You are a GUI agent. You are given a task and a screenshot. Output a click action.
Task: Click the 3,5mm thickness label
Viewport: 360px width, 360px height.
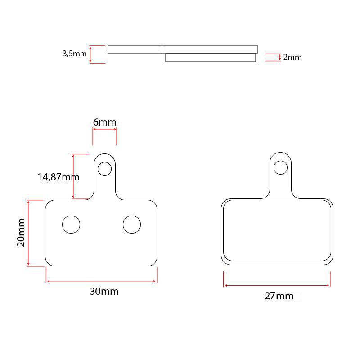(74, 54)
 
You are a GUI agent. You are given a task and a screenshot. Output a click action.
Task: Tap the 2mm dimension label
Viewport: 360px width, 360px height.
(292, 58)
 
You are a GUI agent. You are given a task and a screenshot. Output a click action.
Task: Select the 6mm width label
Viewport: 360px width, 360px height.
(104, 122)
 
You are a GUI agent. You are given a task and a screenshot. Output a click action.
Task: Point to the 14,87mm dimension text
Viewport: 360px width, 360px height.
(58, 177)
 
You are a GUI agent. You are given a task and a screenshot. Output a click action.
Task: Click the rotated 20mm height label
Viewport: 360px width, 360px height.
(21, 233)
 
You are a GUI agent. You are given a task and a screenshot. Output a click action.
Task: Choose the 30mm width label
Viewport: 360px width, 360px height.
(104, 292)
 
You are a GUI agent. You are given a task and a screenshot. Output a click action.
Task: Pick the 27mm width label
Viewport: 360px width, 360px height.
(279, 296)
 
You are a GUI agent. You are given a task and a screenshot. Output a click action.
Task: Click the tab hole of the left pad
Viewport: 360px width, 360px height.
(104, 169)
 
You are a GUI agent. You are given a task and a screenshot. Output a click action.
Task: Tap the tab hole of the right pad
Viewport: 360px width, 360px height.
(280, 167)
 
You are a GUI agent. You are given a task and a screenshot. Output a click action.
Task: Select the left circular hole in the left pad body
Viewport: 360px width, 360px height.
(71, 224)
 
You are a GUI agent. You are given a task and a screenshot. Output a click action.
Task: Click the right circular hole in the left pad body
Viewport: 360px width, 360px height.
(132, 224)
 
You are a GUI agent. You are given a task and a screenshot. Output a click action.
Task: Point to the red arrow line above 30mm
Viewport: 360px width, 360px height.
(102, 281)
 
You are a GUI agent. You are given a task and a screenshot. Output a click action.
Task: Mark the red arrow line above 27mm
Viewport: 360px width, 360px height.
(277, 285)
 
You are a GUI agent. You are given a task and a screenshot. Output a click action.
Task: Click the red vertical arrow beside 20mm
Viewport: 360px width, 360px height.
(28, 233)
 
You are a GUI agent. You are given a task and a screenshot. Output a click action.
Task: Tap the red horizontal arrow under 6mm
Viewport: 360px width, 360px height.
(104, 130)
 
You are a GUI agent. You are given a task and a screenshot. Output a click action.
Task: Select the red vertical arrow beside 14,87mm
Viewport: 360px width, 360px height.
(73, 176)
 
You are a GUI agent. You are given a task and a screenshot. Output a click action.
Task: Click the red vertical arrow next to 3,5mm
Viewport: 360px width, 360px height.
(91, 54)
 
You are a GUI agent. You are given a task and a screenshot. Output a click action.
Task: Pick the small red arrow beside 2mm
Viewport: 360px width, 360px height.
(280, 57)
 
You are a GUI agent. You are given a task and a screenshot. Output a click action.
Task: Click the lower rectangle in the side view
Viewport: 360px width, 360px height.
(210, 58)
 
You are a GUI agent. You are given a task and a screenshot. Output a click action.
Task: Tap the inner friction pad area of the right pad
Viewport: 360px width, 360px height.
(277, 230)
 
